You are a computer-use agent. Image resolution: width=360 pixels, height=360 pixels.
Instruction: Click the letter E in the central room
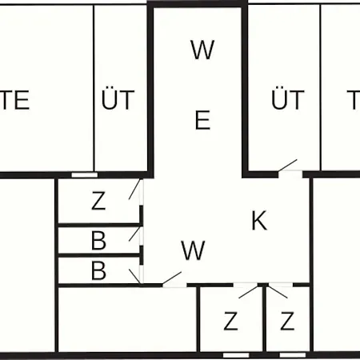pos(202,120)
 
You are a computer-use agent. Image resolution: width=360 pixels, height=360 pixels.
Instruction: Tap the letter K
pos(259,220)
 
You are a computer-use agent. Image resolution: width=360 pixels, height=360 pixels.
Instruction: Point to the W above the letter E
pos(202,50)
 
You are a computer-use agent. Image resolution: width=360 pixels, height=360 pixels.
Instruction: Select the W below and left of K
pos(193,250)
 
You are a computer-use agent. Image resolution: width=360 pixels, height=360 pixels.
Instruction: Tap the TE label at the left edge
pos(14,100)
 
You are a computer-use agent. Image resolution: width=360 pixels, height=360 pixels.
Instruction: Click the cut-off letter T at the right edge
pos(354,100)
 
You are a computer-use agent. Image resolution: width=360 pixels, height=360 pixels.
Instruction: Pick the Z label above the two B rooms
pos(98,201)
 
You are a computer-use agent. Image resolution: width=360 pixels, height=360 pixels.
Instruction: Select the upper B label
pos(98,241)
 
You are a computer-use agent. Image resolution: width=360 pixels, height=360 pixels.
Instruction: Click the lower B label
pos(98,270)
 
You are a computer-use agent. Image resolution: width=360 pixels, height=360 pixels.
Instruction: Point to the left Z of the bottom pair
pos(230,321)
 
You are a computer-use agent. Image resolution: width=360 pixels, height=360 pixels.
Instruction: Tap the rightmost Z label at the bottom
pos(287,321)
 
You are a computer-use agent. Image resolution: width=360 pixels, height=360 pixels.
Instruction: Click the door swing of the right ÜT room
pos(287,165)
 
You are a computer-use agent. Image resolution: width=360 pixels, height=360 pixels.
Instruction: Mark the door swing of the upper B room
pos(134,234)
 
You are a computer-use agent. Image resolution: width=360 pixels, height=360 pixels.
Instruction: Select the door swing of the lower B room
pos(134,277)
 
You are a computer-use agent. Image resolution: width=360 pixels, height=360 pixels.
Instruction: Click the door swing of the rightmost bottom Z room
pos(278,292)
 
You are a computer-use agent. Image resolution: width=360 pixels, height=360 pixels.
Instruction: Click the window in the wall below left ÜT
pos(84,175)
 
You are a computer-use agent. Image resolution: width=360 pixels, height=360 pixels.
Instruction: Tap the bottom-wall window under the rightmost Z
pos(292,355)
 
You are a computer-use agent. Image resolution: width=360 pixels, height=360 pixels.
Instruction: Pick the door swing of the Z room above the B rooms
pos(134,189)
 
